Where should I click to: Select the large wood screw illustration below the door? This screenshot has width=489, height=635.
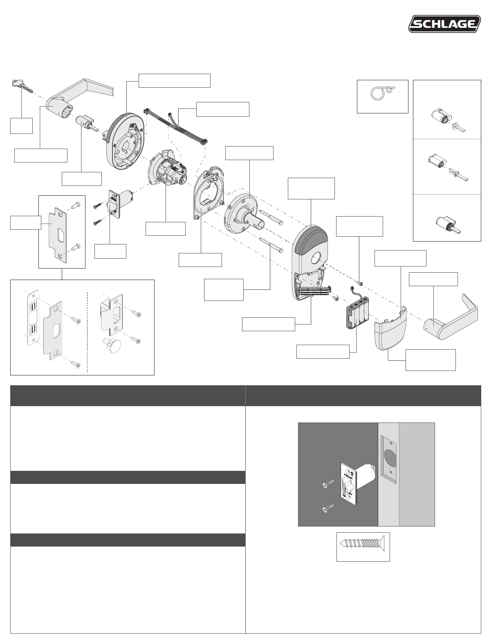tap(363, 547)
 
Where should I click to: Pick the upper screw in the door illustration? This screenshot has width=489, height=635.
tap(328, 484)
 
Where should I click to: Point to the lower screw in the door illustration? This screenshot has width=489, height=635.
tap(328, 508)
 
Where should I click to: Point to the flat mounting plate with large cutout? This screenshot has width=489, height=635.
tap(209, 192)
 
